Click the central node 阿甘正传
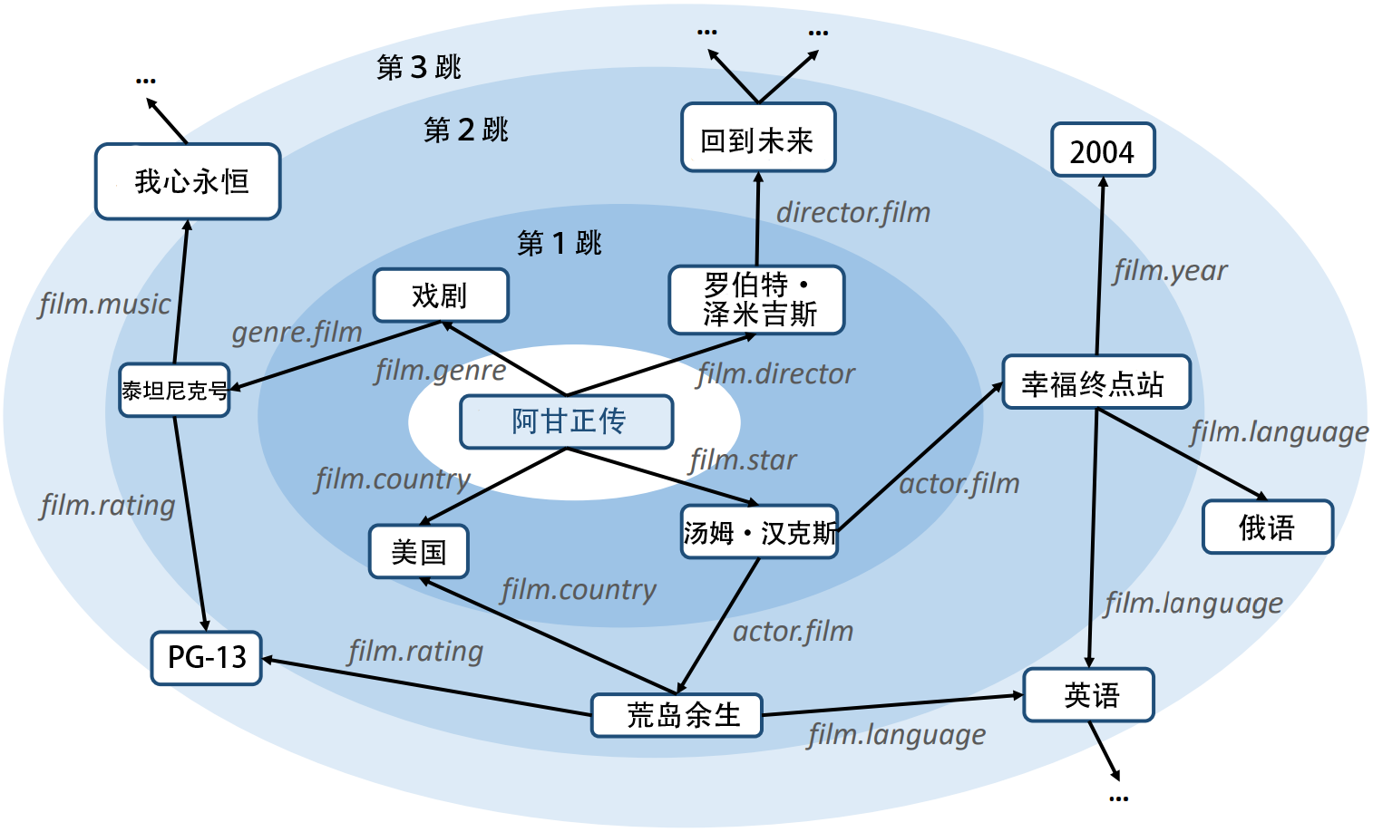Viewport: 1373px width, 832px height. (567, 421)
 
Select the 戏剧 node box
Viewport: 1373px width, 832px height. (441, 295)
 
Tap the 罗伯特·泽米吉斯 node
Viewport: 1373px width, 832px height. (756, 300)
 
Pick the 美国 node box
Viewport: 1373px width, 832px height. (418, 551)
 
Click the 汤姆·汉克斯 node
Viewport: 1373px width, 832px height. (759, 532)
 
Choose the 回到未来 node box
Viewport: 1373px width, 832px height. (758, 138)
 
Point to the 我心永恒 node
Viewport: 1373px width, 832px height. (188, 181)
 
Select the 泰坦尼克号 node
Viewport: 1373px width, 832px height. (174, 391)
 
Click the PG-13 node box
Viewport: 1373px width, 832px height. (207, 657)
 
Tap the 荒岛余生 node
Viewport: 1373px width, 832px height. (677, 715)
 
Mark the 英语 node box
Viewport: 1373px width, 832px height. (1088, 695)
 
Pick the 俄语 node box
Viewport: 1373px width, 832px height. (1267, 527)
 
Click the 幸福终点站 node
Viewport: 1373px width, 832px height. (1095, 382)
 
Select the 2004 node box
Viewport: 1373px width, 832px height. (1103, 150)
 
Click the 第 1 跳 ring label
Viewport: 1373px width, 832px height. (559, 243)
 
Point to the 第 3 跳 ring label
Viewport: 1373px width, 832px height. (419, 67)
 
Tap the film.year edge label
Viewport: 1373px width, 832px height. (1170, 270)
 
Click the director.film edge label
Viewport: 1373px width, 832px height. (853, 213)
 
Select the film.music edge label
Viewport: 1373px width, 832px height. (104, 305)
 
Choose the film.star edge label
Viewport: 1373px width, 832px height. (743, 460)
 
